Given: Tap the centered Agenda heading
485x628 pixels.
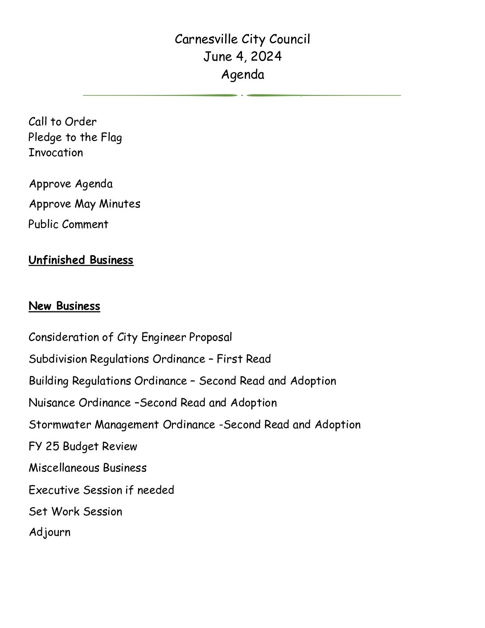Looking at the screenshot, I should pyautogui.click(x=242, y=74).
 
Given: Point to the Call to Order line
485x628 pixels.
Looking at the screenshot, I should pyautogui.click(x=62, y=122).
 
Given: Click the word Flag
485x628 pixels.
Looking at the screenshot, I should pyautogui.click(x=111, y=137).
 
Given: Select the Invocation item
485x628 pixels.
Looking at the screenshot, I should pyautogui.click(x=56, y=153).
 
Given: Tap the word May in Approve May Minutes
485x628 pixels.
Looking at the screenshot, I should pyautogui.click(x=85, y=204).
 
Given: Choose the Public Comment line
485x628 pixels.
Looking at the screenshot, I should pyautogui.click(x=68, y=224).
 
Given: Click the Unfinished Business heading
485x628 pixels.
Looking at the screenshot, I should pyautogui.click(x=81, y=260).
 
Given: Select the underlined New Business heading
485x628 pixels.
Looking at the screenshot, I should pyautogui.click(x=64, y=306).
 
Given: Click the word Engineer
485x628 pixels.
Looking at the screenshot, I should pyautogui.click(x=163, y=337).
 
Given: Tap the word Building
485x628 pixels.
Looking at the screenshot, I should pyautogui.click(x=49, y=381).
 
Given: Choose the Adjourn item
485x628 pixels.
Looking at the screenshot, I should pyautogui.click(x=49, y=532).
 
